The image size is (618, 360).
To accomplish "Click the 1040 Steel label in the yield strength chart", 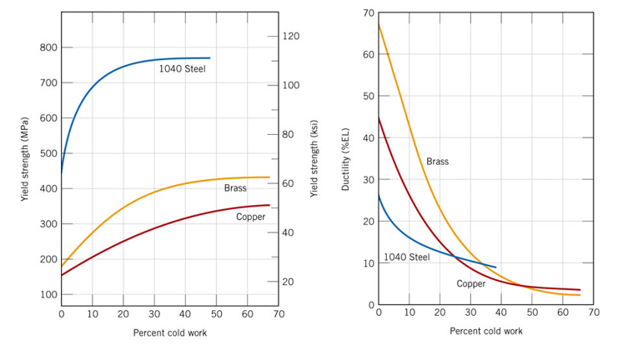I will pos(182,68).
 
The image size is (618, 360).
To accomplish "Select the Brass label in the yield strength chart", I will pos(235,188).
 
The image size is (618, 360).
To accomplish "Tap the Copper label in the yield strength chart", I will pos(250,217).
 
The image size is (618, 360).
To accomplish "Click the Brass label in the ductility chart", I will pos(437,162).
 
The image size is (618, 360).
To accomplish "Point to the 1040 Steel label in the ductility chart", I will pos(406,257).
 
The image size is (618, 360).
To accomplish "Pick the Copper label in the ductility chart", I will pos(470,284).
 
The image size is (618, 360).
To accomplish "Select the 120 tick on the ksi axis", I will pos(291,37).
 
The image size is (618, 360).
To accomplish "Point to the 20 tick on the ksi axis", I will pos(289,282).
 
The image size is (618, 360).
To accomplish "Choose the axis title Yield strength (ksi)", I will pos(314,158).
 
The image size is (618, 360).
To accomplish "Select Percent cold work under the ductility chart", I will pos(486,331).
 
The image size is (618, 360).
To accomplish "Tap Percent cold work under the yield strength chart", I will pos(170,333).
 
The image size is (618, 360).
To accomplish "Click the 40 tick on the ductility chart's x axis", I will pos(501,312).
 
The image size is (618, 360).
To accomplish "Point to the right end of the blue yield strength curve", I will pos(209,58).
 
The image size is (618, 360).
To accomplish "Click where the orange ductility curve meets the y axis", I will pos(379,24).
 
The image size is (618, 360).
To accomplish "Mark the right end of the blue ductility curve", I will pos(496,267).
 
